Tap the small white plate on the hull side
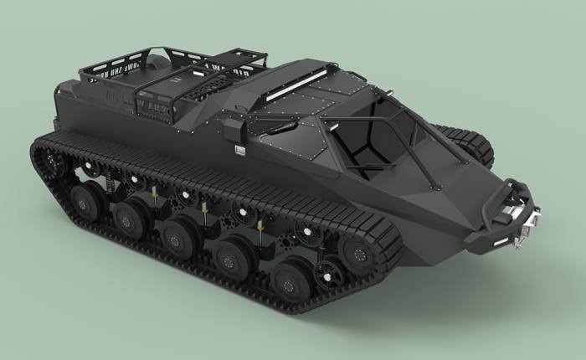click(x=240, y=151)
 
